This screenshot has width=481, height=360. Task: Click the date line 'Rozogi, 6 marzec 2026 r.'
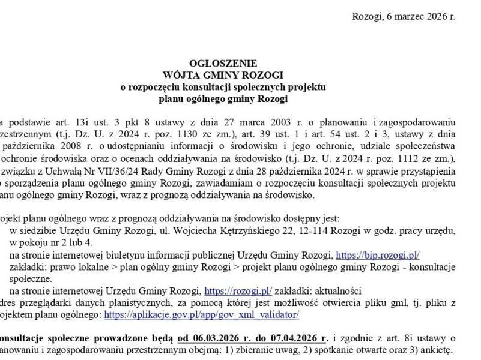(x=403, y=16)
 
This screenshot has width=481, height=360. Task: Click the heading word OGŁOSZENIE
(x=223, y=63)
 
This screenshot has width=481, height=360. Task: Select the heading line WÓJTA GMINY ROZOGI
(x=223, y=75)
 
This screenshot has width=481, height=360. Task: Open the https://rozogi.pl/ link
(x=238, y=291)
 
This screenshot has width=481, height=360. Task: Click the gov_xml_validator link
(x=201, y=314)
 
